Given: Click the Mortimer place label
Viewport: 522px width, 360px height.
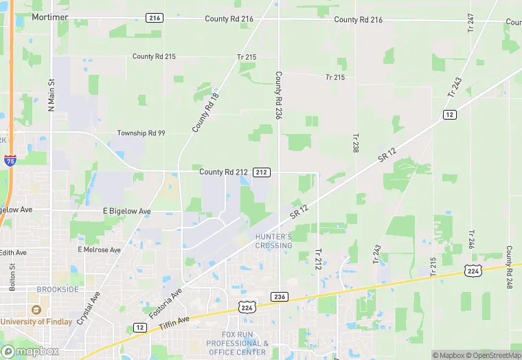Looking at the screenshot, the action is pos(49,16).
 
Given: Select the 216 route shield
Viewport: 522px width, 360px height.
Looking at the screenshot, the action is pos(155,17).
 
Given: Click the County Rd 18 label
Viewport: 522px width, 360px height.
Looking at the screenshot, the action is pos(200,114).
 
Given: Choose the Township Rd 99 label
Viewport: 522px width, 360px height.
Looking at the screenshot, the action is pos(141,133).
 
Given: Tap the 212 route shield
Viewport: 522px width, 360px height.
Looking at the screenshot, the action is pos(262,171).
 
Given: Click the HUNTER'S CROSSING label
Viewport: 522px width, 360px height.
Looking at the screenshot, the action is pos(273,241).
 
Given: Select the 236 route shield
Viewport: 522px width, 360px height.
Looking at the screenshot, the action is pos(279,296).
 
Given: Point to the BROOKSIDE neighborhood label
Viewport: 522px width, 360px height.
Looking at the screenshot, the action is pos(57,290).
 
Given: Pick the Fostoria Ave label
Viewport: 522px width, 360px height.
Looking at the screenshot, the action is pos(166,303).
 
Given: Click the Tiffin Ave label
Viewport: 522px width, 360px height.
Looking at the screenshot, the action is pos(173,323).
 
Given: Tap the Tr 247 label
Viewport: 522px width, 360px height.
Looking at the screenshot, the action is pos(470,22).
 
